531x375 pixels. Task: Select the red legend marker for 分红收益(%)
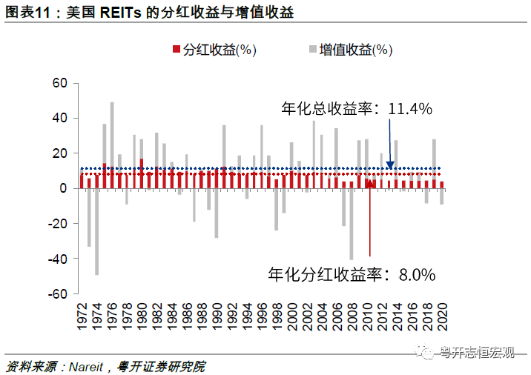[x=176, y=50]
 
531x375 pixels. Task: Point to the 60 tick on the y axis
[x=60, y=83]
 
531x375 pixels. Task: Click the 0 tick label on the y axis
[x=64, y=188]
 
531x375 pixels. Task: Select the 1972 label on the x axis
[x=82, y=313]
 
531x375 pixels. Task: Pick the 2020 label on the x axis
[x=442, y=313]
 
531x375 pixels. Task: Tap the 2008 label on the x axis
[x=352, y=313]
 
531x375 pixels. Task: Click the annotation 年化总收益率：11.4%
[x=357, y=109]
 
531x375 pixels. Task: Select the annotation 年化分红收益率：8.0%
[x=351, y=274]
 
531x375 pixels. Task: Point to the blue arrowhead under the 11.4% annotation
[x=390, y=164]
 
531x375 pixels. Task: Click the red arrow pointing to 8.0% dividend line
[x=370, y=222]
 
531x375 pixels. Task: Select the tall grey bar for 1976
[x=112, y=137]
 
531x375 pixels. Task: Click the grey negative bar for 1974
[x=96, y=231]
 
